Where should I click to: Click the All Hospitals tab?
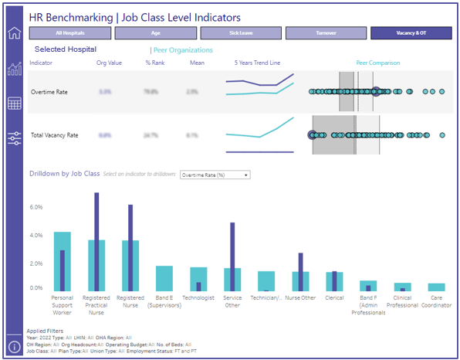(70, 33)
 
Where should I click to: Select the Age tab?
(156, 33)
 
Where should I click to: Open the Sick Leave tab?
(241, 33)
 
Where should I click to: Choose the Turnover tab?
(326, 33)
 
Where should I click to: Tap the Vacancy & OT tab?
(411, 33)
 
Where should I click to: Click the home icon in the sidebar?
(14, 33)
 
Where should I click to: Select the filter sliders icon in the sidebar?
(14, 138)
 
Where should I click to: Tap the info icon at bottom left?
(14, 345)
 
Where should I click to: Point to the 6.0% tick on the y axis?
(35, 207)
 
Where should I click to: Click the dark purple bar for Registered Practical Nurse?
(96, 239)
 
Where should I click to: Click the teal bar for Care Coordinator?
(436, 287)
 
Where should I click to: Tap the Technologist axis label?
(198, 297)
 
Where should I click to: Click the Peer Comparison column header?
(377, 63)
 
